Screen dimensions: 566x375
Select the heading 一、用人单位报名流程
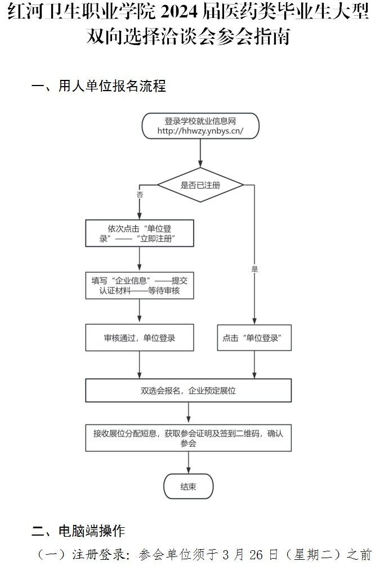point(99,86)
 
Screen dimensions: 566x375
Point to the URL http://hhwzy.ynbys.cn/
point(200,131)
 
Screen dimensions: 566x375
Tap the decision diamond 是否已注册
point(200,185)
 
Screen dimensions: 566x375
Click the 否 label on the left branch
point(140,194)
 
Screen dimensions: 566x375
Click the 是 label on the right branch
point(255,269)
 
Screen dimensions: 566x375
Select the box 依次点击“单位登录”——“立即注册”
point(140,233)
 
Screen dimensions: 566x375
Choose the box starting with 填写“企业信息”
point(140,285)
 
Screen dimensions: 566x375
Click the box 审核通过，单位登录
point(140,338)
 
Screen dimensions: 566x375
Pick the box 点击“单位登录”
point(255,338)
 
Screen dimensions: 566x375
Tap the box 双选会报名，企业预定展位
point(188,390)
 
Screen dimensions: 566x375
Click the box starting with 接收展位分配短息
point(188,438)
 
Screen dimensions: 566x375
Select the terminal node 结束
point(188,487)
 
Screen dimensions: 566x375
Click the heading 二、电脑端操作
point(78,531)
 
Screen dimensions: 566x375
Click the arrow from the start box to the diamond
point(200,152)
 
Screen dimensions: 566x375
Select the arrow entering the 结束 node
point(188,462)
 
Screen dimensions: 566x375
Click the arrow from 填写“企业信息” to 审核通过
point(140,311)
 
